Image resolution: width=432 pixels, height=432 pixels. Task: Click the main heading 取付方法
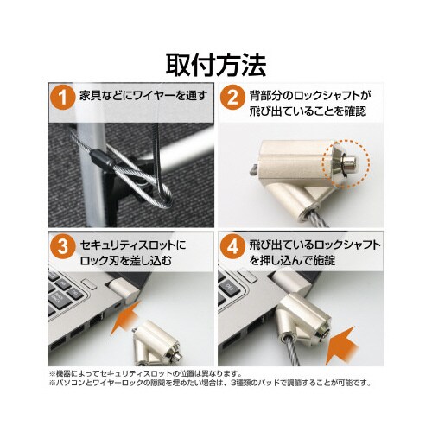pyautogui.click(x=216, y=65)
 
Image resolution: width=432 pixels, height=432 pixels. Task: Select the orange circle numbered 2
pyautogui.click(x=232, y=98)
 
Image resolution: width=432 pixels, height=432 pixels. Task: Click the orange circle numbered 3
pyautogui.click(x=63, y=246)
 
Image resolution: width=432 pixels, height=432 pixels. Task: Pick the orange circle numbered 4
pyautogui.click(x=232, y=246)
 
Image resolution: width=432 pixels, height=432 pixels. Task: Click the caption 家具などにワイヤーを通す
pyautogui.click(x=143, y=95)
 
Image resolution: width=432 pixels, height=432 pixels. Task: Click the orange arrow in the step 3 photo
pyautogui.click(x=125, y=318)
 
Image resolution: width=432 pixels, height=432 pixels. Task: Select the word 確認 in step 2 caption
pyautogui.click(x=355, y=111)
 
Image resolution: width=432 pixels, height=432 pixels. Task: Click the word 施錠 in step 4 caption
pyautogui.click(x=324, y=260)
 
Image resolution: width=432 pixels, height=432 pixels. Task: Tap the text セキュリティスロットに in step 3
pyautogui.click(x=133, y=245)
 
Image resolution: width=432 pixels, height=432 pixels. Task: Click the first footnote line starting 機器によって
pyautogui.click(x=145, y=374)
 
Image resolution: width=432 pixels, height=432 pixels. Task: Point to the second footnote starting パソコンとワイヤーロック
pyautogui.click(x=210, y=383)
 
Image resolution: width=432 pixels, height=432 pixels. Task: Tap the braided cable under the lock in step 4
pyautogui.click(x=291, y=350)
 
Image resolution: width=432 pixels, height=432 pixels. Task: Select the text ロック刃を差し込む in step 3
pyautogui.click(x=126, y=260)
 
